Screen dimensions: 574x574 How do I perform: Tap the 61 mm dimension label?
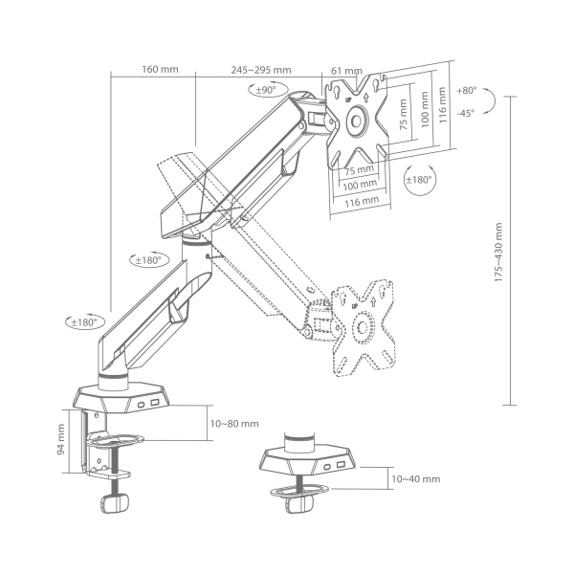coord(345,71)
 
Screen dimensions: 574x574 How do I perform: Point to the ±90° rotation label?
coord(263,90)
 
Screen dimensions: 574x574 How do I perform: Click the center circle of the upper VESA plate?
coord(358,121)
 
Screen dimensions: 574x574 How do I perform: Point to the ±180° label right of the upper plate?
coord(418,179)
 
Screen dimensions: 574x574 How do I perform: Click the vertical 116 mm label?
coord(442,99)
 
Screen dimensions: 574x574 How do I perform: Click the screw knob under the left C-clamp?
coord(118,503)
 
